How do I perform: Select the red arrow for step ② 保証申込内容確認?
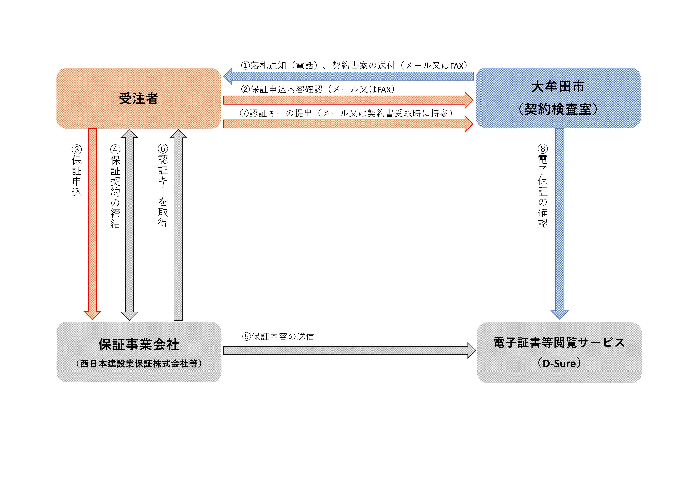click(348, 100)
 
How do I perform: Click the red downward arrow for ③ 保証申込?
click(92, 222)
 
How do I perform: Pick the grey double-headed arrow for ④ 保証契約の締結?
click(130, 225)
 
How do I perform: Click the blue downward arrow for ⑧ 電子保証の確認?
click(560, 222)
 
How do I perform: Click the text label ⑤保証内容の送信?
click(278, 337)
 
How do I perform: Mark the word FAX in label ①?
click(456, 66)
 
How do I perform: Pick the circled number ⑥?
click(163, 149)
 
